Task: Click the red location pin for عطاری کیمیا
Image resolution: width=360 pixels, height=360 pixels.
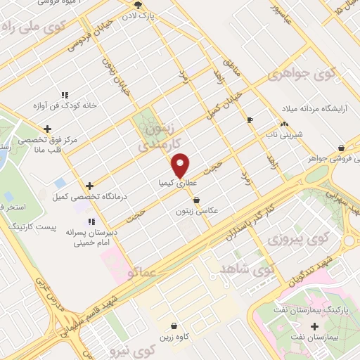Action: tap(181, 165)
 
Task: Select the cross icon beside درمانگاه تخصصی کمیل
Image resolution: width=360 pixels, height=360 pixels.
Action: tap(89, 186)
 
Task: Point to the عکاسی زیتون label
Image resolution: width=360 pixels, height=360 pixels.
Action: tap(199, 210)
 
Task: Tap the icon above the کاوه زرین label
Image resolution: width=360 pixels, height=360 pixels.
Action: tap(174, 326)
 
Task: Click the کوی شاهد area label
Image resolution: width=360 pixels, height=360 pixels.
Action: tap(252, 269)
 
